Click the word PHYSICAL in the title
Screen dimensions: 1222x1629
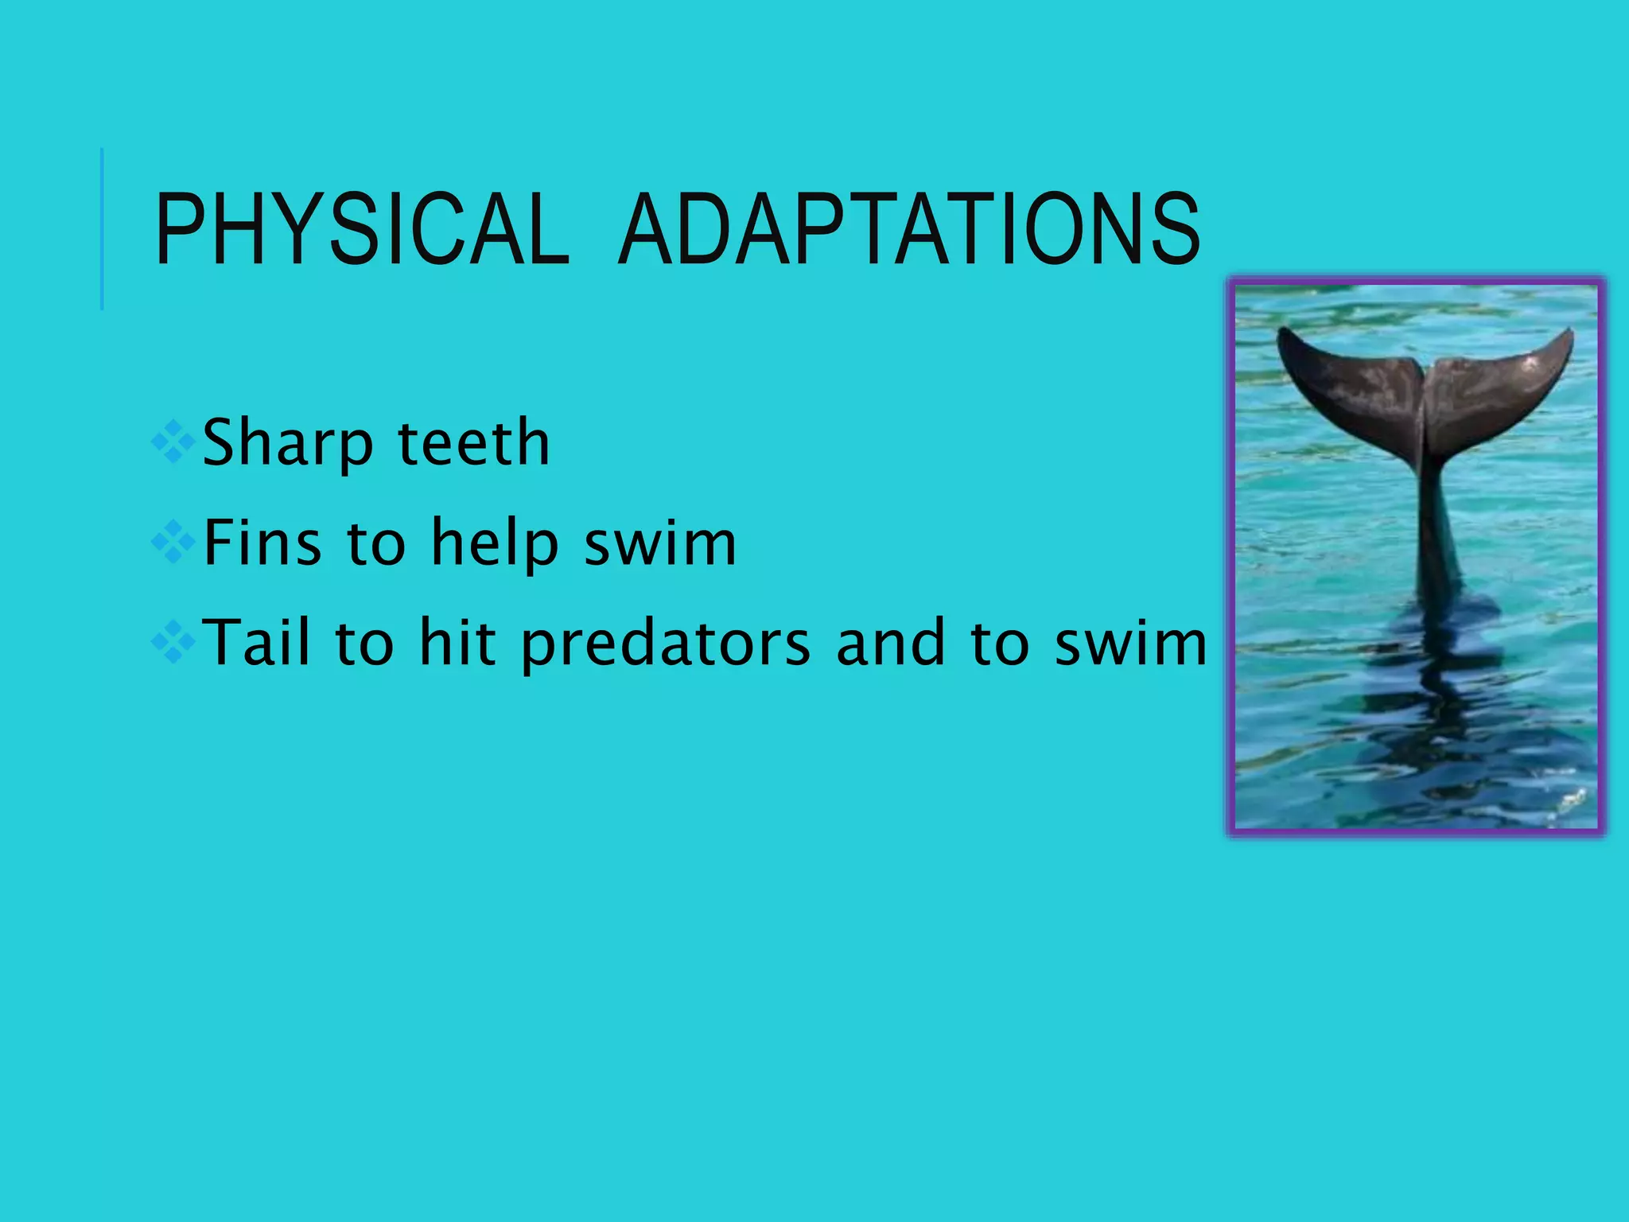point(362,230)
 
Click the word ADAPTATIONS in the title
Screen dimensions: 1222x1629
point(908,230)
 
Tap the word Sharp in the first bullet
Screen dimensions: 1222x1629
point(287,443)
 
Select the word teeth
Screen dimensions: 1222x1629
point(473,443)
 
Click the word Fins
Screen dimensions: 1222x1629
point(262,543)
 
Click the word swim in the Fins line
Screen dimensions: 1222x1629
point(660,543)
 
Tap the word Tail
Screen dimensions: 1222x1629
point(256,642)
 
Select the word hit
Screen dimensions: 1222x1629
point(457,642)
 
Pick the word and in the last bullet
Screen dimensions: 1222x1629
point(891,642)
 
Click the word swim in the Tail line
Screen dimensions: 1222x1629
point(1130,642)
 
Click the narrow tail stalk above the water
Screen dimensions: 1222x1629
point(1436,525)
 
